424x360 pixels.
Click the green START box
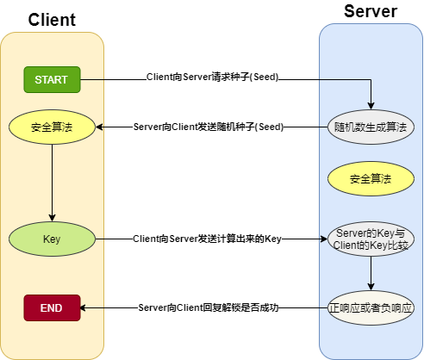[52, 79]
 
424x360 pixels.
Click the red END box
[52, 307]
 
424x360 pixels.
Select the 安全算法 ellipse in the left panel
[52, 127]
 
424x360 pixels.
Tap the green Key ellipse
[52, 238]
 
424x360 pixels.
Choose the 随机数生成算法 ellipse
[371, 127]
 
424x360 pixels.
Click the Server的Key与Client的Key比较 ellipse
[371, 239]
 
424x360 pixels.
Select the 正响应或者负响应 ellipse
[371, 307]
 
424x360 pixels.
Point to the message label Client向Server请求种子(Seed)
[212, 78]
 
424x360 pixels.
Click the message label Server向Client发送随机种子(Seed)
[209, 127]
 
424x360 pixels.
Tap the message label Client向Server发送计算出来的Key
[208, 238]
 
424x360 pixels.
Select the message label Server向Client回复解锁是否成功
[210, 307]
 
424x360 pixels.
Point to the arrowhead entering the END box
[84, 307]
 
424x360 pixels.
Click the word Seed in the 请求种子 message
[261, 78]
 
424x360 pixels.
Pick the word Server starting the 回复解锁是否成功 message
[153, 307]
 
